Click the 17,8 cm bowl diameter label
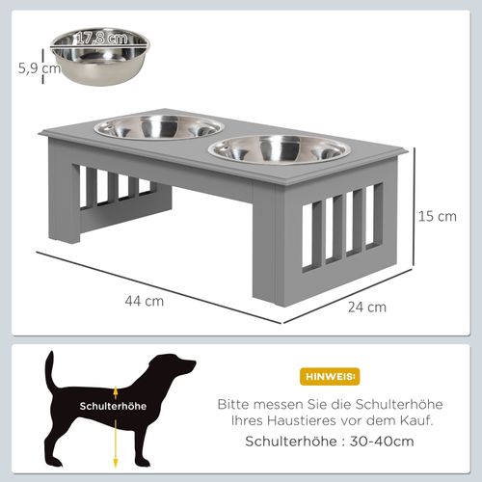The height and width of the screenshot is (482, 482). pos(101,39)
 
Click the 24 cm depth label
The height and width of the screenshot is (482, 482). pos(368,307)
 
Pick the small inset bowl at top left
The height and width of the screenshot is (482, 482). pos(100,55)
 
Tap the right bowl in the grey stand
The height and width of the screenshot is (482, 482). pos(278,148)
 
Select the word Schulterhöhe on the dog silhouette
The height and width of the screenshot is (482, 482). pos(114,407)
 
